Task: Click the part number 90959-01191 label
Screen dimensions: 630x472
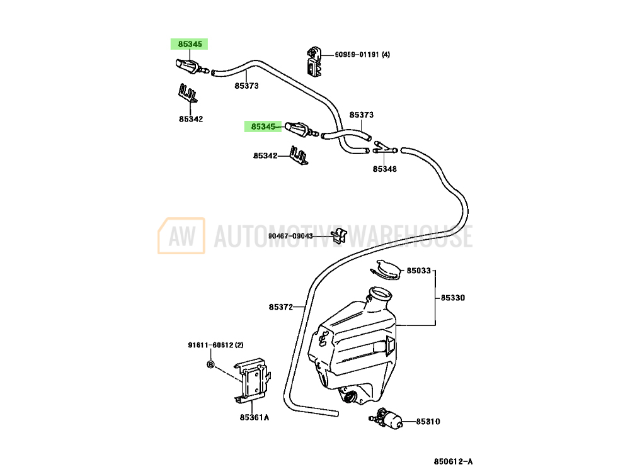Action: pos(362,54)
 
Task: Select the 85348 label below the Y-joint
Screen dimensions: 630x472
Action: pos(384,169)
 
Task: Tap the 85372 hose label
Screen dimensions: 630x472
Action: pos(281,307)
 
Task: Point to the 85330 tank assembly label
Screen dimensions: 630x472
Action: pos(453,298)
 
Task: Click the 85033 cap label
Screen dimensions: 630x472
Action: pos(419,271)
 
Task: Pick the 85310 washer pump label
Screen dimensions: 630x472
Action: pos(428,422)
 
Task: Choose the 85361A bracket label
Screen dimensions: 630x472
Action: pos(255,417)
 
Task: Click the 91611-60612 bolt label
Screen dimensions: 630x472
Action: pos(215,345)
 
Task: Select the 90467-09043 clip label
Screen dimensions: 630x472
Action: pos(290,236)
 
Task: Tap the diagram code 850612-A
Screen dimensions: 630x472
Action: pos(453,461)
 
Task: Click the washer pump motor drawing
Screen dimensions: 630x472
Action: pos(386,419)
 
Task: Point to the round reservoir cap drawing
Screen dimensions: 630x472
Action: pos(386,269)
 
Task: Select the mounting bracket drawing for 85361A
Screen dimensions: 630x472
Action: pos(253,379)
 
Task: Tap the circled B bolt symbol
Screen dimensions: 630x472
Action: pos(210,364)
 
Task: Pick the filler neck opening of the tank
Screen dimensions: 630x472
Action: pos(380,295)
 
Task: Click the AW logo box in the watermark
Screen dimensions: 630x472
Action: pos(181,236)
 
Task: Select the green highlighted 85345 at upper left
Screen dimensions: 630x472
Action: pos(189,44)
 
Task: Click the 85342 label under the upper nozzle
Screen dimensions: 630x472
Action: pos(191,119)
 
